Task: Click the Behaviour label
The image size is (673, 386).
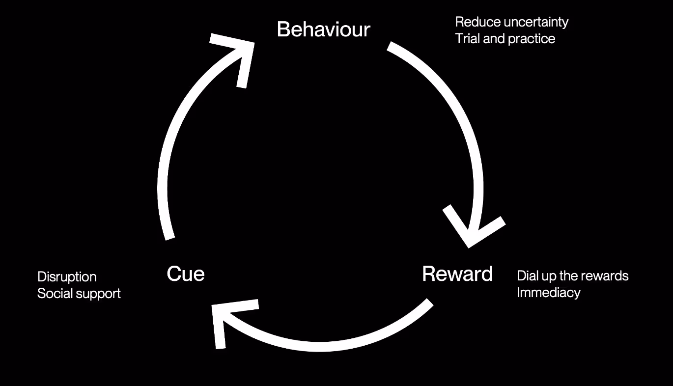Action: [x=323, y=29]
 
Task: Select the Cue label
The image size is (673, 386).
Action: [x=185, y=274]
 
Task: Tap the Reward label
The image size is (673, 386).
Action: [x=457, y=274]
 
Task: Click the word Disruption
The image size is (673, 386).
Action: [x=67, y=277]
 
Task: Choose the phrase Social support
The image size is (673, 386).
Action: [x=79, y=294]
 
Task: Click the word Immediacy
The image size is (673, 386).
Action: [x=548, y=293]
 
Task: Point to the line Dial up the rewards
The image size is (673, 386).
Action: [x=572, y=276]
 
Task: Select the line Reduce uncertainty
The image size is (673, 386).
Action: [x=511, y=22]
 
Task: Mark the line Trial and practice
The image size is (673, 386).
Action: [x=505, y=39]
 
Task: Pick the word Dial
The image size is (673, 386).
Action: [x=527, y=276]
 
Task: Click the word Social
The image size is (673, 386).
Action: [x=53, y=294]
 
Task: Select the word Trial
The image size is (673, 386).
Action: [x=467, y=39]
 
